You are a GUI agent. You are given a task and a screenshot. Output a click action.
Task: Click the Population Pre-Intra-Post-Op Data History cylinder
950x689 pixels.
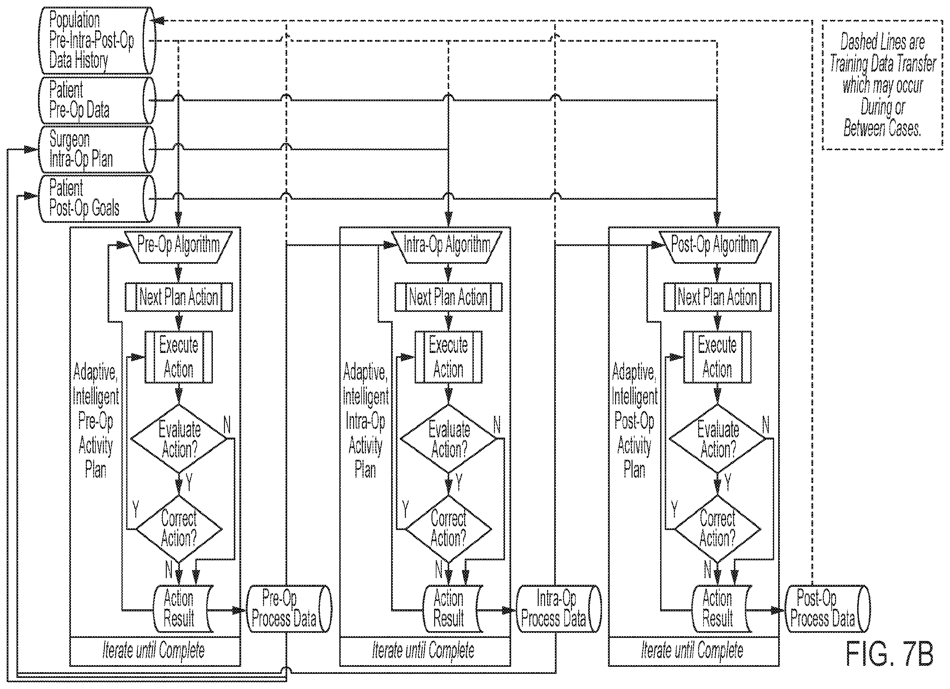pos(97,40)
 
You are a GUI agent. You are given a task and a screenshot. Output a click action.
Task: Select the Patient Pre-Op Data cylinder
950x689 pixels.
pos(97,100)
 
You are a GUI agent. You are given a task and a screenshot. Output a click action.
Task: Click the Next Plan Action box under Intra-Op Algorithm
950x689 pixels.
pos(448,297)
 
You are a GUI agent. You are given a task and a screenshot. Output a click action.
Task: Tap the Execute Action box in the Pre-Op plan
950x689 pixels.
pos(179,357)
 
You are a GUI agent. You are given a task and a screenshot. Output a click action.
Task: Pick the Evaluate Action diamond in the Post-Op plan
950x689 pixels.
pos(718,439)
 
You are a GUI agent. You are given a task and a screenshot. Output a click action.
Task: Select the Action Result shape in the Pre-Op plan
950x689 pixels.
pos(183,609)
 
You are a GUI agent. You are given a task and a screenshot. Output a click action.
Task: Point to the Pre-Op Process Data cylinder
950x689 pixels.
pos(289,609)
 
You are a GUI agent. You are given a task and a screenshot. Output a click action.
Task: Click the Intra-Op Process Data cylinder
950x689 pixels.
pos(558,609)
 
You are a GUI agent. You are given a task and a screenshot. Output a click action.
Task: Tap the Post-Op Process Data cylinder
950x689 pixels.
pos(827,609)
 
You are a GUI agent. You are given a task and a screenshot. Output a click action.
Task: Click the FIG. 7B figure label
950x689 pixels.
pos(889,654)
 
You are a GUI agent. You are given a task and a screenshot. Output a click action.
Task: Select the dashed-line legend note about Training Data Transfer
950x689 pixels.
pos(882,85)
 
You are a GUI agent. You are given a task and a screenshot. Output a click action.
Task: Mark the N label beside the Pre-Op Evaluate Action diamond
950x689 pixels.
pos(227,425)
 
